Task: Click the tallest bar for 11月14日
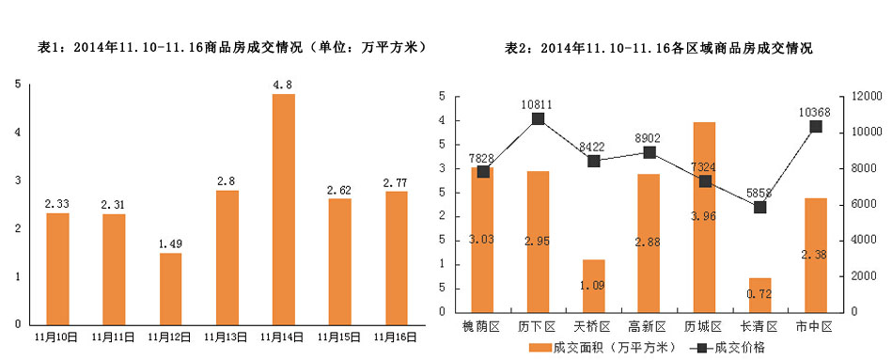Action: pos(283,209)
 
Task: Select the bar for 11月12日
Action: pos(170,288)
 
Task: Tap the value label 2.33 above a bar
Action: pos(57,203)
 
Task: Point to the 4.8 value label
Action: pos(283,85)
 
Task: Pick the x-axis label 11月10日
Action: pos(57,335)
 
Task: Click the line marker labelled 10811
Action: pos(539,118)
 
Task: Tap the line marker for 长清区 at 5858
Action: pos(759,207)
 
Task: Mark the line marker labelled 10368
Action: pos(815,126)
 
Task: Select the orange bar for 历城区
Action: pos(704,217)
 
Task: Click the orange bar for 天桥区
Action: pos(593,286)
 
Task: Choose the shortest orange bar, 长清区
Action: pos(759,295)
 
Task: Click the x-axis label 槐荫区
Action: pos(483,326)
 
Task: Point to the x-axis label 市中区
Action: pos(815,326)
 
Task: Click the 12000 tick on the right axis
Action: pos(866,97)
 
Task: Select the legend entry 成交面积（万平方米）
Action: pos(602,348)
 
